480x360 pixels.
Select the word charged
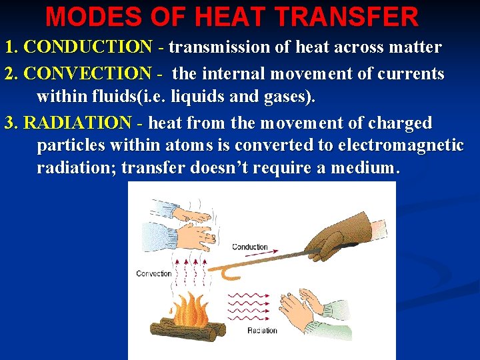coord(399,123)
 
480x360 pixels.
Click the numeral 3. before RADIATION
coord(12,123)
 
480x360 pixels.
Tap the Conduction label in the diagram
coord(250,247)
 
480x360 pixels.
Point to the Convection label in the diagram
coord(154,273)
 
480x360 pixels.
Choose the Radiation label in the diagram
coord(262,331)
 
